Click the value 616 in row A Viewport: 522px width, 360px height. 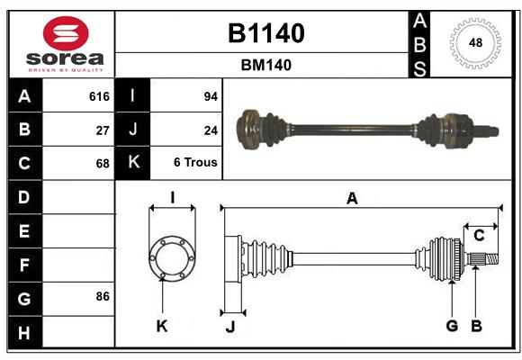(x=99, y=96)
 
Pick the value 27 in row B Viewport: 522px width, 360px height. (x=103, y=130)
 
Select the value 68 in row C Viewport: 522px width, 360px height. (x=103, y=163)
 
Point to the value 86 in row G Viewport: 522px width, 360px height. (x=103, y=296)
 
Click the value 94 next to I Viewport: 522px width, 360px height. (x=211, y=96)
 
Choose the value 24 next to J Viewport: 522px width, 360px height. (x=211, y=130)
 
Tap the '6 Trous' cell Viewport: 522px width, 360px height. (x=195, y=163)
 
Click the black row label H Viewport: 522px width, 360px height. (x=24, y=333)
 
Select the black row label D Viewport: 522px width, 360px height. (x=24, y=196)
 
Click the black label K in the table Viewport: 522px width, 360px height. (x=133, y=163)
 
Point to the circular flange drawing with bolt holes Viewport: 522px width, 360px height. (x=171, y=259)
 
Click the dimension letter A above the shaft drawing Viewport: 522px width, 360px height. (x=353, y=199)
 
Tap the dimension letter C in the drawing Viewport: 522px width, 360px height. (x=479, y=236)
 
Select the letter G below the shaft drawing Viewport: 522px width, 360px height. (x=452, y=326)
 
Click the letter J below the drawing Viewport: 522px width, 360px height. (x=229, y=327)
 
